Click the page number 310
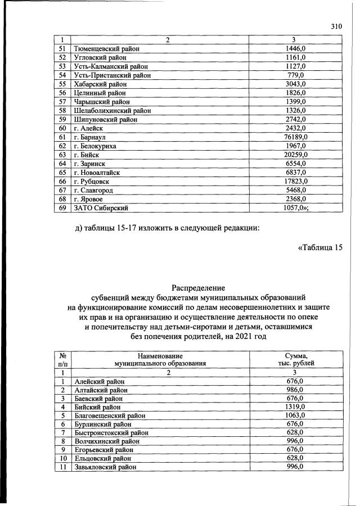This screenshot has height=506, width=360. coord(336,26)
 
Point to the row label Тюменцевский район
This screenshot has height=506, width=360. coord(107,49)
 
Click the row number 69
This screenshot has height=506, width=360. coord(63,208)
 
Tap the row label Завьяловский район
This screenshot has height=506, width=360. coord(105,468)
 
